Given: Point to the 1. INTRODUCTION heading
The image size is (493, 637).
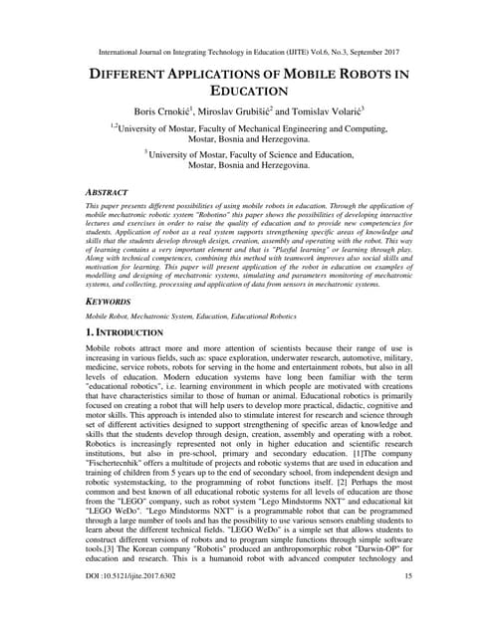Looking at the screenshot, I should pos(138,331).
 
